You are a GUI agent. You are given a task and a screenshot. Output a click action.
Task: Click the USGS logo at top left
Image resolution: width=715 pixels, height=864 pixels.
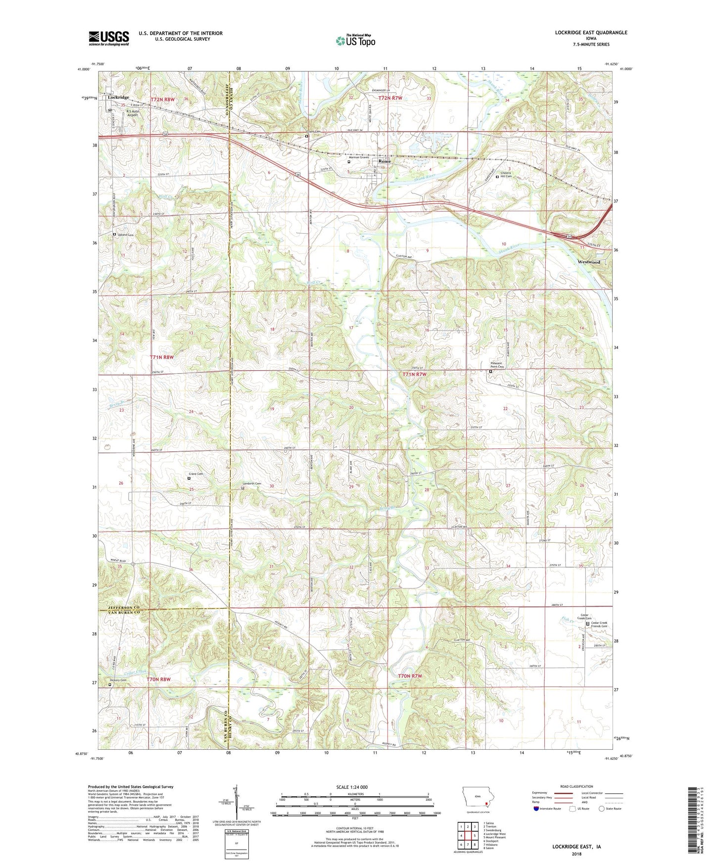[x=108, y=38]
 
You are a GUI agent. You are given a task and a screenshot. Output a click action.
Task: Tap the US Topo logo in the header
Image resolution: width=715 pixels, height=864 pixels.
[x=355, y=41]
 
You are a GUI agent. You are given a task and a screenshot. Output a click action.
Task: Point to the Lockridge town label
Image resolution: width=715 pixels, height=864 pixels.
[x=118, y=97]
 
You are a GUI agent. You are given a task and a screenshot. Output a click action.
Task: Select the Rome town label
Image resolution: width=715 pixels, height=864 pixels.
[x=384, y=161]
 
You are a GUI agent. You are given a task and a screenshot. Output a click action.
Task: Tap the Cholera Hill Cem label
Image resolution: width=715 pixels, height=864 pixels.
[x=506, y=175]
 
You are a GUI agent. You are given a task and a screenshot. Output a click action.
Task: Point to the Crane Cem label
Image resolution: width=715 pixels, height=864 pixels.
[x=196, y=474]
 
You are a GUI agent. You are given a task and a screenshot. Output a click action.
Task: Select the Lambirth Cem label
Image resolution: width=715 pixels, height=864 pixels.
[x=251, y=484]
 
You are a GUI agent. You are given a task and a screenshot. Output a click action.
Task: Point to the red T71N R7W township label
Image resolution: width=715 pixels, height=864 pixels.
[x=414, y=375]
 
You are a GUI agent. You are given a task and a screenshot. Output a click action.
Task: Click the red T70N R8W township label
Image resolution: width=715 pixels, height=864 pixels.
[x=158, y=679]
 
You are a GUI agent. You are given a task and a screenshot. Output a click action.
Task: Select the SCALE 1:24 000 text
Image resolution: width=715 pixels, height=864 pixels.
[x=352, y=787]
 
